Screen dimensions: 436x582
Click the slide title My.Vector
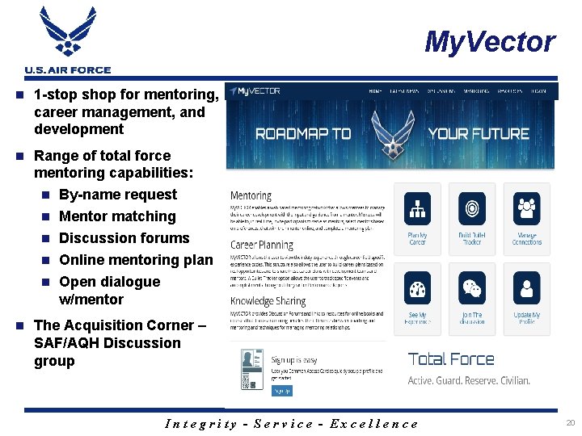[x=490, y=41]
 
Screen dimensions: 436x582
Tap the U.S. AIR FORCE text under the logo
[x=68, y=70]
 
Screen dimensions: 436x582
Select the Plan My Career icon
[x=417, y=209]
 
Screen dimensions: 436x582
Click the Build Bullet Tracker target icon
[x=472, y=209]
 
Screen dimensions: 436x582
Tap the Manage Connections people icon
[x=527, y=209]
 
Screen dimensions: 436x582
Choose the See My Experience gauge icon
[x=417, y=288]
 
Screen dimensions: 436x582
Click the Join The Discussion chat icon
[x=472, y=288]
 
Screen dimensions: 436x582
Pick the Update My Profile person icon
[x=527, y=288]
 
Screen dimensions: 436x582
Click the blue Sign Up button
[x=281, y=391]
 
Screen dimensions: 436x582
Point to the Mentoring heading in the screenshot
[x=251, y=195]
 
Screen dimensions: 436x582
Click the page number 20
[x=570, y=422]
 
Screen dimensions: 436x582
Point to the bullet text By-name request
[x=118, y=195]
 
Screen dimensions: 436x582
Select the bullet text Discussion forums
[x=124, y=238]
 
